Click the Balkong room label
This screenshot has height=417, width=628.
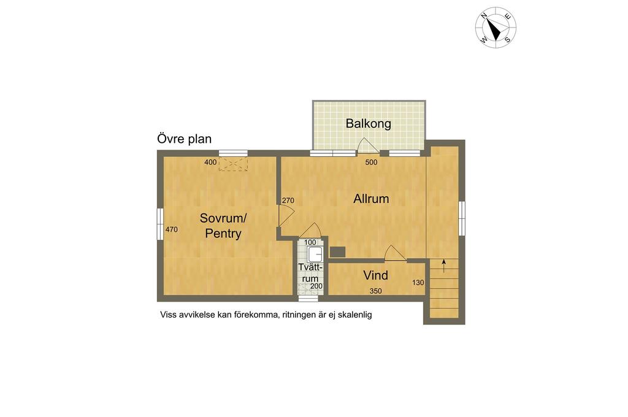point(368,123)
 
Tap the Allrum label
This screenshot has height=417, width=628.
point(371,199)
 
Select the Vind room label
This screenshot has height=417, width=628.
point(376,275)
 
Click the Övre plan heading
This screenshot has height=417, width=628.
point(184,139)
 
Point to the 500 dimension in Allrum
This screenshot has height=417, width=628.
point(371,163)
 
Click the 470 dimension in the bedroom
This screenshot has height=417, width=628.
point(172,229)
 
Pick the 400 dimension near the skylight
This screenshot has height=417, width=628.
point(210,163)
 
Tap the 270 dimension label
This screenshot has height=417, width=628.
point(288,201)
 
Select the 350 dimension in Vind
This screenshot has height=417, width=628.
point(376,291)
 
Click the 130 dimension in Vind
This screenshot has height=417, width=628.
point(418,283)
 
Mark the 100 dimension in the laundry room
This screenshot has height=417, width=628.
point(310,242)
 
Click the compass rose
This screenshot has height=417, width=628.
point(496,27)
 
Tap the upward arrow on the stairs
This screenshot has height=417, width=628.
point(444,266)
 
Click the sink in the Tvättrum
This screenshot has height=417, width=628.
point(315,254)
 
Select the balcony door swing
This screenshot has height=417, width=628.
point(367,145)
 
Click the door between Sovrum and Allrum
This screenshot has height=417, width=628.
point(286,215)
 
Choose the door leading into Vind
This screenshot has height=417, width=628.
point(395,254)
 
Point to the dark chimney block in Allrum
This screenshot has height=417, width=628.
point(337,251)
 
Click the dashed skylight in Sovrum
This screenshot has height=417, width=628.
point(233,164)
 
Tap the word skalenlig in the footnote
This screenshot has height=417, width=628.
point(355,315)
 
